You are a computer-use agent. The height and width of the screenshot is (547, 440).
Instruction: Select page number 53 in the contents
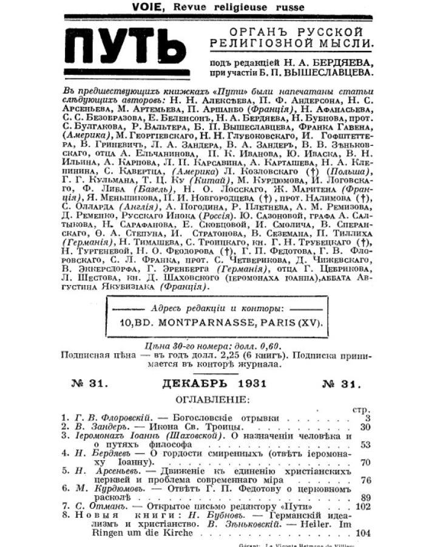pos(365,444)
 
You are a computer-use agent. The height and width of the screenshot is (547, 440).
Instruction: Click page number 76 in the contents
pos(365,480)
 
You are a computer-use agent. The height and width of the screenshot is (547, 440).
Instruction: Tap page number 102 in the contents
pos(363,506)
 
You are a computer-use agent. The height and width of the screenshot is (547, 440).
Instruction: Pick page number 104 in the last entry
pos(363,532)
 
